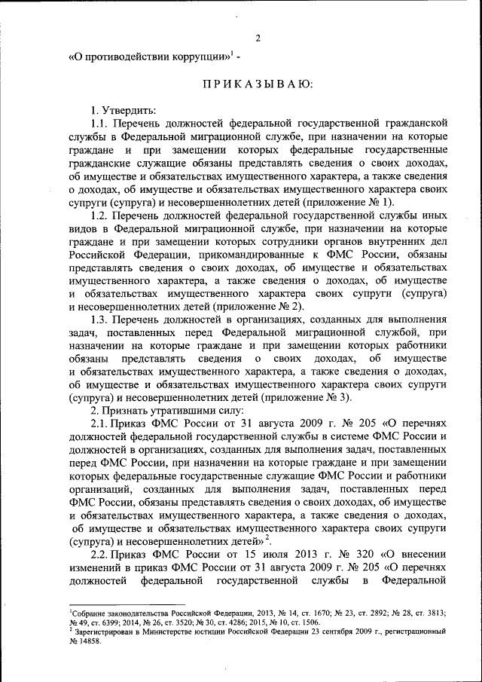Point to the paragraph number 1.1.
[x=99, y=123]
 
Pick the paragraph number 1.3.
[x=99, y=320]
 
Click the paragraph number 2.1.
[x=99, y=424]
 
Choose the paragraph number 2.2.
[x=99, y=555]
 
